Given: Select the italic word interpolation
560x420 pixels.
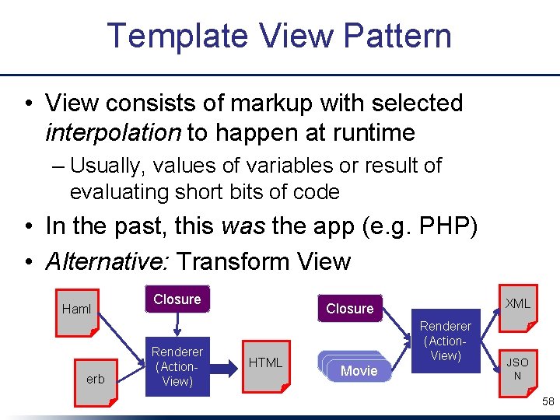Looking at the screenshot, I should pos(113,133).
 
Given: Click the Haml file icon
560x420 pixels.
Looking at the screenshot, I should pos(77,310).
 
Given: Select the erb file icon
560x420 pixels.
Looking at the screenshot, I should pos(95,380).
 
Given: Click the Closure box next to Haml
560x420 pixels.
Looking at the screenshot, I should pos(177,299).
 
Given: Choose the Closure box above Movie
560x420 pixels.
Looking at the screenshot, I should pos(349,309).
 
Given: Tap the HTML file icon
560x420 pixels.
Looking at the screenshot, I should pos(265,362).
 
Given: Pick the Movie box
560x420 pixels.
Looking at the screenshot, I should pos(359,371).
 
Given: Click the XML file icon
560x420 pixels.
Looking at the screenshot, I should pos(517,304).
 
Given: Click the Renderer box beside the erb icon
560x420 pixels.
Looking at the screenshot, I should pos(177,366).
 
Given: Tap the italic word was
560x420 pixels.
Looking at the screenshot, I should pos(241,226).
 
